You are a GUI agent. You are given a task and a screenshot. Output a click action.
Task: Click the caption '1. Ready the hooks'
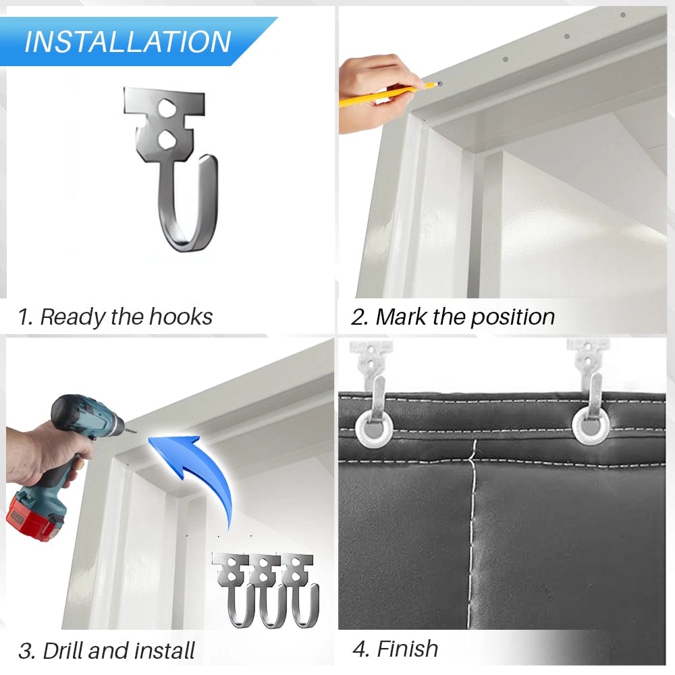point(115,317)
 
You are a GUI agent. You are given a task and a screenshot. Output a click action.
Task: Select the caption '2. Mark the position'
point(454,317)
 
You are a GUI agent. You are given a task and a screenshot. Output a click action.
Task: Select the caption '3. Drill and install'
point(107,651)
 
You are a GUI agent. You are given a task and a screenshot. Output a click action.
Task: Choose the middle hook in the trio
point(268,587)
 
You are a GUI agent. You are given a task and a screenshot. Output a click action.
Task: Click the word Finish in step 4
point(407,649)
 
